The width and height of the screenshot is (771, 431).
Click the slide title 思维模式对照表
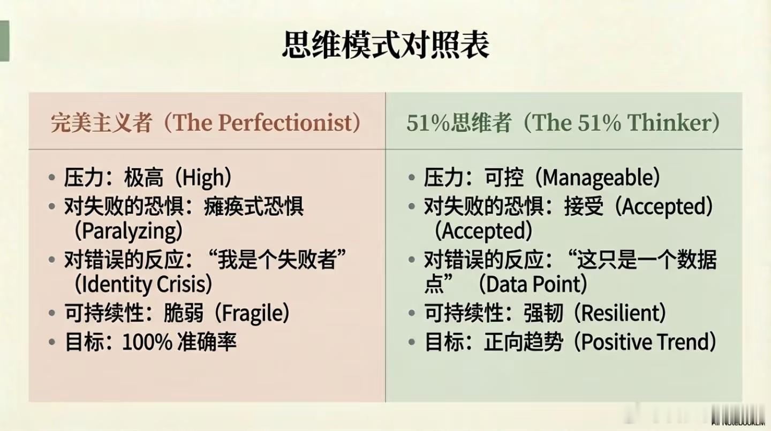pos(385,46)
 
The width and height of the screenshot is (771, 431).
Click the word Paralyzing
pos(130,231)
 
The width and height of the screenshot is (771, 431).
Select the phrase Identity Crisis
pos(143,285)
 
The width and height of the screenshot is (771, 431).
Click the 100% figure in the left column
pos(147,342)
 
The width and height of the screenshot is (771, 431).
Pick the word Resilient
pos(619,313)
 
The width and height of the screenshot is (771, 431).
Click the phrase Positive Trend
pos(644,342)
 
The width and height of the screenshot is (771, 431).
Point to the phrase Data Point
pos(533,285)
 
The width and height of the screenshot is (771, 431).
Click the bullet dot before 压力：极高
pos(52,178)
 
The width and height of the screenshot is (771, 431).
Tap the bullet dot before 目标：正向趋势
pos(412,342)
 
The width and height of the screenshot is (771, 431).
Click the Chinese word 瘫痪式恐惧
pos(253,207)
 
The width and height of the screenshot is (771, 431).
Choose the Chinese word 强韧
pos(543,313)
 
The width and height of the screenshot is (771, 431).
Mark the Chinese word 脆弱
pos(184,313)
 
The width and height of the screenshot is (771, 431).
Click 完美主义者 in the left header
pos(102,123)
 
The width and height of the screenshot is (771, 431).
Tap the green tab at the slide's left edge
pos(4,41)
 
